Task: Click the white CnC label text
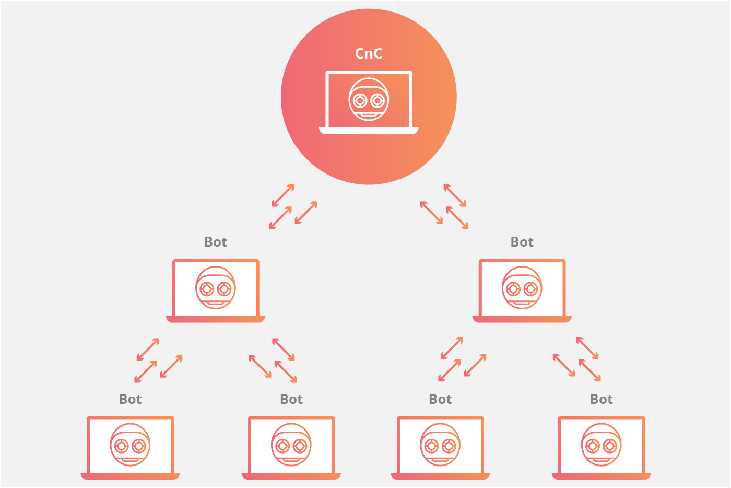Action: pyautogui.click(x=369, y=54)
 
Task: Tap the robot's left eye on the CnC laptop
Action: pyautogui.click(x=360, y=100)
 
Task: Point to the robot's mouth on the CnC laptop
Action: pyautogui.click(x=369, y=114)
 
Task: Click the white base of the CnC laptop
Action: pyautogui.click(x=369, y=131)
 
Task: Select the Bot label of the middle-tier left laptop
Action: pyautogui.click(x=215, y=242)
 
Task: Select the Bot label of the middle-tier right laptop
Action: pyautogui.click(x=522, y=242)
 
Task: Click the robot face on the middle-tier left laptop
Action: pyautogui.click(x=215, y=288)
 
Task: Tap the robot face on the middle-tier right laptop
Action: pyautogui.click(x=522, y=288)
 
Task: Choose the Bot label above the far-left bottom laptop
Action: pyautogui.click(x=130, y=399)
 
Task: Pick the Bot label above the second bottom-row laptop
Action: pyautogui.click(x=291, y=399)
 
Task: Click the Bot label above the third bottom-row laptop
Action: pyautogui.click(x=440, y=399)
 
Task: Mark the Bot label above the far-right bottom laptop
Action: pyautogui.click(x=602, y=399)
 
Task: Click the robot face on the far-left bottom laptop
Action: pyautogui.click(x=130, y=445)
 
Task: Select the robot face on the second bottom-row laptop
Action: pyautogui.click(x=291, y=445)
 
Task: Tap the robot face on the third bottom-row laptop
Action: pyautogui.click(x=440, y=445)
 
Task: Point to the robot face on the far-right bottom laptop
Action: pyautogui.click(x=602, y=445)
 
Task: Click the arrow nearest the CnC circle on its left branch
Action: pyautogui.click(x=283, y=195)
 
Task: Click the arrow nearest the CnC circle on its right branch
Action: pyautogui.click(x=455, y=195)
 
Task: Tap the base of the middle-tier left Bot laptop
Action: pyautogui.click(x=215, y=319)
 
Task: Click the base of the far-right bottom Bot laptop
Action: pyautogui.click(x=602, y=476)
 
